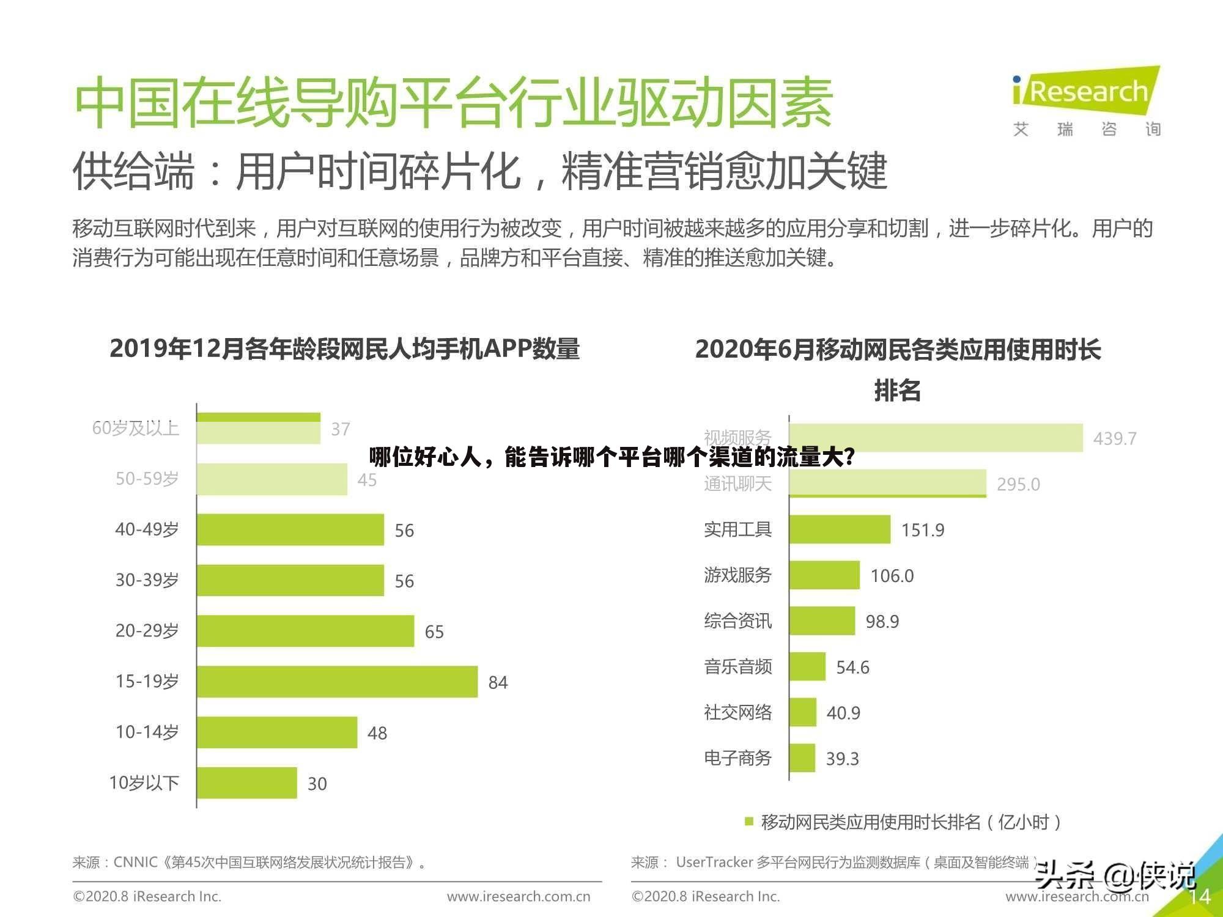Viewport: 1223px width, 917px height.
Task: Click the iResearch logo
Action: tap(1086, 92)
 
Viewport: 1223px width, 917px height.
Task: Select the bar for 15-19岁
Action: tap(337, 682)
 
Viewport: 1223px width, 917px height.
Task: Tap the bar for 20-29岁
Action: tap(305, 631)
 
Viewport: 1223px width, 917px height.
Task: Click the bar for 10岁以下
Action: tap(247, 783)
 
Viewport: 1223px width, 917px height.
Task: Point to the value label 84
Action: tap(498, 682)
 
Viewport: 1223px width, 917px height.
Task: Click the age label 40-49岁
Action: tap(147, 529)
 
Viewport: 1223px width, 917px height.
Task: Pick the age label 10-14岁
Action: tap(147, 732)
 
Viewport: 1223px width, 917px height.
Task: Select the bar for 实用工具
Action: tap(840, 529)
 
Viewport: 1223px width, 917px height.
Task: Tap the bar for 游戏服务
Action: tap(824, 575)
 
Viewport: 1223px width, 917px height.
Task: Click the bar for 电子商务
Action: tap(802, 758)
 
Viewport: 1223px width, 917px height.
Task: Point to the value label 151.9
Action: tap(923, 530)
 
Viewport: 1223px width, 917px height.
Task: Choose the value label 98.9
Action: tap(882, 622)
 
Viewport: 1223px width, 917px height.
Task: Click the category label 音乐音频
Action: tap(737, 666)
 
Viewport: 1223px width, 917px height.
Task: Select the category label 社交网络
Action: tap(737, 712)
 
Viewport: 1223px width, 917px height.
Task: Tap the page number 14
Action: tap(1199, 896)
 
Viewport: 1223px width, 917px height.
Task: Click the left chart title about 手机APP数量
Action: tap(344, 349)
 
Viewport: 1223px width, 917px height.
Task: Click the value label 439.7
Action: tap(1114, 438)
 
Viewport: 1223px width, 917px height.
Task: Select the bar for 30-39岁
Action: tap(290, 580)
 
